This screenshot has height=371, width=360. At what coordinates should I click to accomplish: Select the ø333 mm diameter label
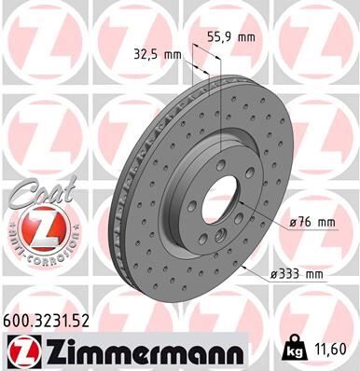point(296,273)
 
